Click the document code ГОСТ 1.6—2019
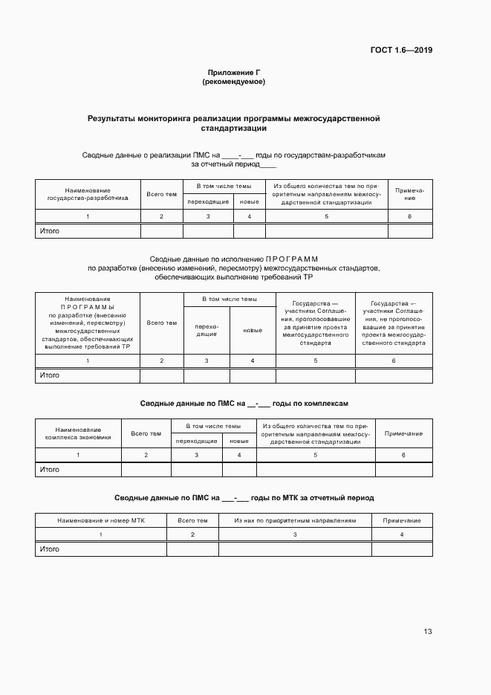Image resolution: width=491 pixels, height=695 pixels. [401, 51]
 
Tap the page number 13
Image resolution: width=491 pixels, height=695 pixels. [427, 632]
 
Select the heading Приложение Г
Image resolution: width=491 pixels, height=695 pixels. [234, 72]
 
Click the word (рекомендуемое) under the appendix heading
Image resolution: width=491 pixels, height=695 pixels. [234, 82]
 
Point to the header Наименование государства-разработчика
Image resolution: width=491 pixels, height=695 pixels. [88, 194]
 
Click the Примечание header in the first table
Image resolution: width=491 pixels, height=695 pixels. [409, 194]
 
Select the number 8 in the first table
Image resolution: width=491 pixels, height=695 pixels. [409, 216]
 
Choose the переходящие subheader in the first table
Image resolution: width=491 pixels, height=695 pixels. [208, 201]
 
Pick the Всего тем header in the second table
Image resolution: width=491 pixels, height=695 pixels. [162, 323]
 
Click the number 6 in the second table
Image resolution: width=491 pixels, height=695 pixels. [394, 361]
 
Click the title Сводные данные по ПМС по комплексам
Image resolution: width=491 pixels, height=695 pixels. [244, 404]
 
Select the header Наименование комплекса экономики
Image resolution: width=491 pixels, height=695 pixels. [78, 433]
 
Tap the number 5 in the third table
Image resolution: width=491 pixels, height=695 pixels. [316, 454]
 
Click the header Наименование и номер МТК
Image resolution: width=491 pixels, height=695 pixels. [101, 520]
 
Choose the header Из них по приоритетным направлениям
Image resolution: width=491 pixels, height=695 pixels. [295, 520]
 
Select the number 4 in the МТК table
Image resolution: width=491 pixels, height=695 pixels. [402, 534]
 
